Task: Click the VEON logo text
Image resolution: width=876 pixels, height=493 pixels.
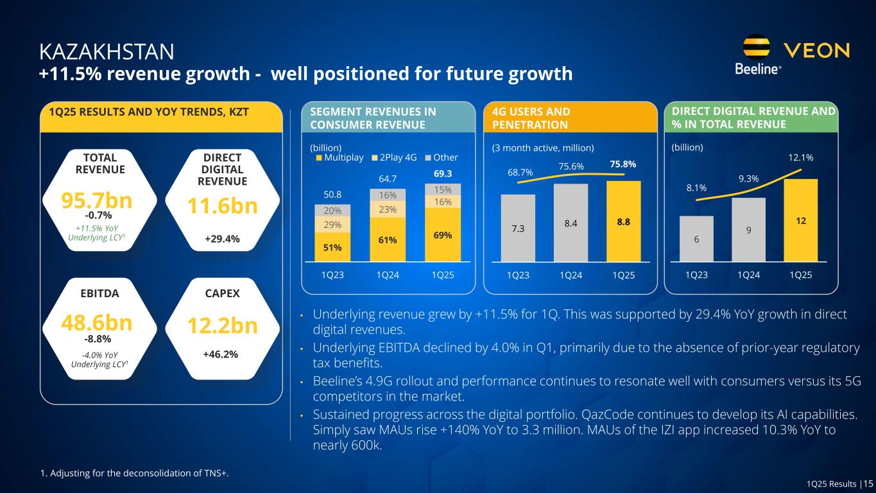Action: tap(817, 49)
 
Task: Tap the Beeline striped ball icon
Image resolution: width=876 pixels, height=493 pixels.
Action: tap(757, 48)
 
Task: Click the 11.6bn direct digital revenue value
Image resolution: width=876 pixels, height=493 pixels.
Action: tap(222, 206)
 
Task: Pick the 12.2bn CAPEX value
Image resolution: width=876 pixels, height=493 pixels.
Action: tap(222, 326)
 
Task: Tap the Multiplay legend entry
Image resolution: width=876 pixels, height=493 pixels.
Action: tap(340, 157)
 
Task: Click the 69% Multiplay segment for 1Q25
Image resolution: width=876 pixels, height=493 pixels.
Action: tap(443, 235)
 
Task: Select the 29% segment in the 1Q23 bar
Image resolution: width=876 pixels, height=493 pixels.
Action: tap(332, 224)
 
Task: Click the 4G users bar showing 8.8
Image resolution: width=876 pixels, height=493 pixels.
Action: tap(624, 221)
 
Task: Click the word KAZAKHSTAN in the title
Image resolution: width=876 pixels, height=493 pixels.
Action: tap(107, 50)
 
